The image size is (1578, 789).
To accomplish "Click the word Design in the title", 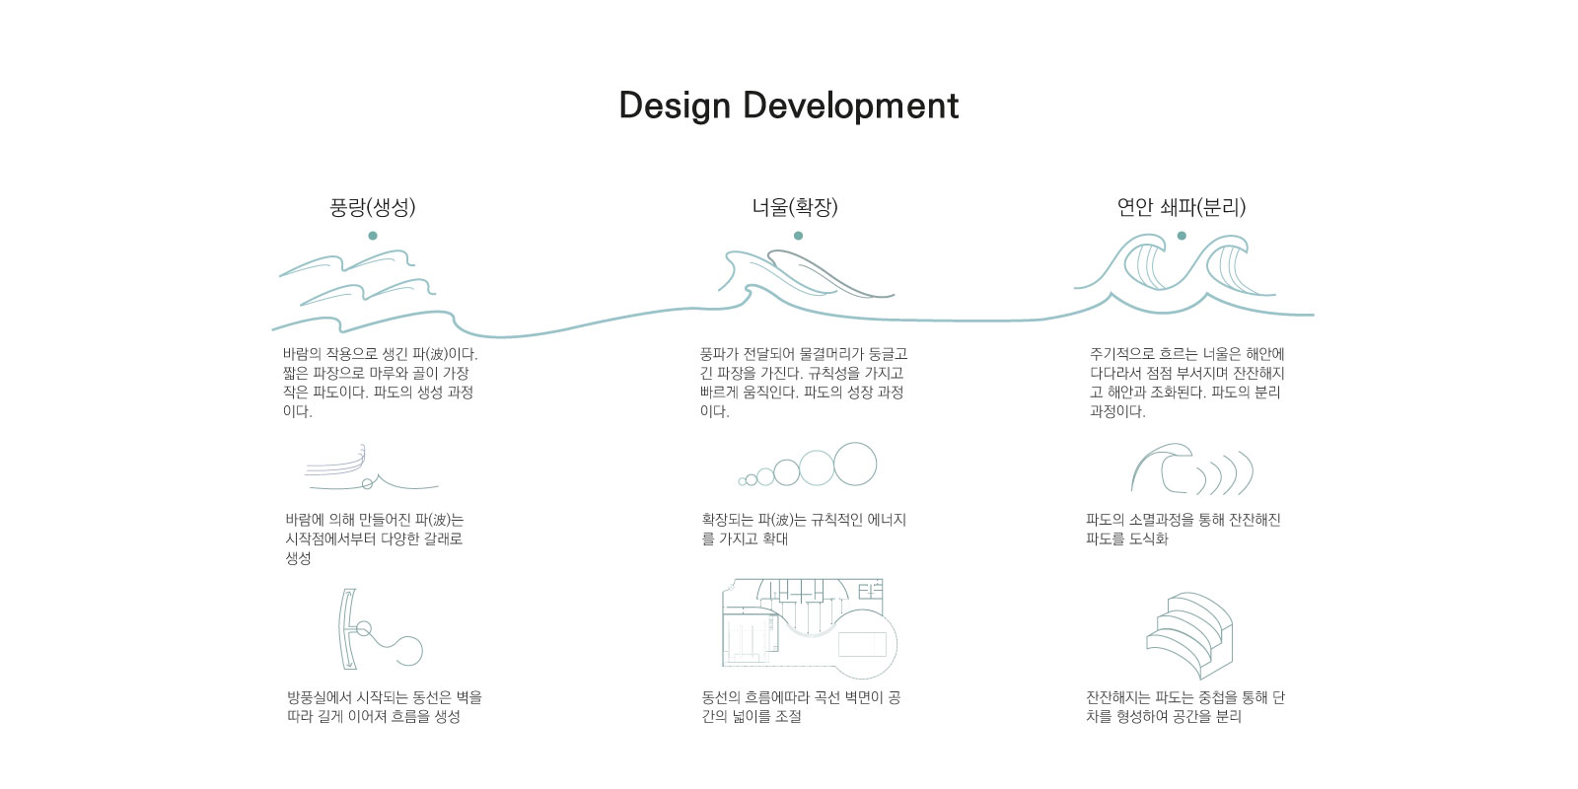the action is coord(675,106).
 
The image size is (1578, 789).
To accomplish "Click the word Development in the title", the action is coord(850,106).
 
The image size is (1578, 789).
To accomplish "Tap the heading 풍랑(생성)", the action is coord(373,207).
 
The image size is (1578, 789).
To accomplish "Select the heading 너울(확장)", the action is coord(795,207).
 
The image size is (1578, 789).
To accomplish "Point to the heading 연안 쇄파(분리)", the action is coord(1182,207).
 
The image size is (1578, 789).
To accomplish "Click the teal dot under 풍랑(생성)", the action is coord(373,236).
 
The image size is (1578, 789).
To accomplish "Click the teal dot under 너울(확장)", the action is coord(798,236).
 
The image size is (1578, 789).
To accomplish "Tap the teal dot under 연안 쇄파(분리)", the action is coord(1182,236).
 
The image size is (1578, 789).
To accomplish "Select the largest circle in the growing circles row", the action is coord(855,465).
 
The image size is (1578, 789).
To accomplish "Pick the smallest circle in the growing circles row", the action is coord(742,482).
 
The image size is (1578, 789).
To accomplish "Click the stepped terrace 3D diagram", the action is coord(1189,635).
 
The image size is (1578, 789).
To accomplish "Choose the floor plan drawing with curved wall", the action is coord(810,628).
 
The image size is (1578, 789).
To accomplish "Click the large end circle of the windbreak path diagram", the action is coord(408,651).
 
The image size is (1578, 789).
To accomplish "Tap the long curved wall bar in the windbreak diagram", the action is coord(346,629).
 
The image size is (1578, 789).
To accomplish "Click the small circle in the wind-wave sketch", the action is coord(367,484).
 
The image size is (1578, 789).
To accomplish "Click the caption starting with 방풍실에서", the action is coord(384,706).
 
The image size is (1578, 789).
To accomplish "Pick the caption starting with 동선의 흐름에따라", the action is coord(801,706).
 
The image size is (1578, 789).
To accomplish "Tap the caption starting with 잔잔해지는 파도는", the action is coord(1185,706).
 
